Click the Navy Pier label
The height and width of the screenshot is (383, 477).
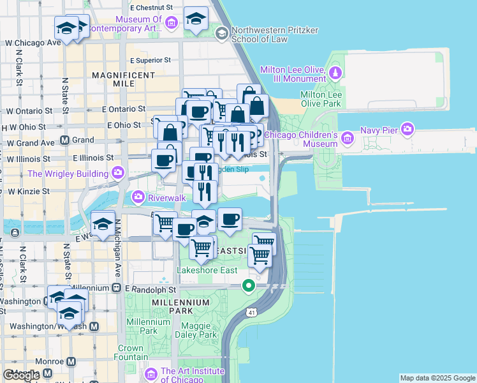[x=383, y=130]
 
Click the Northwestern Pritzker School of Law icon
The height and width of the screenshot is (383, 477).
[x=221, y=33]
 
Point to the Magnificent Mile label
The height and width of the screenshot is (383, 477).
[x=124, y=79]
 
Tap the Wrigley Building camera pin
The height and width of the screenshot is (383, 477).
[x=117, y=173]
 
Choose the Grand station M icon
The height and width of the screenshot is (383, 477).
[x=64, y=140]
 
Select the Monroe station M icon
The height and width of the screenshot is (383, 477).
[x=71, y=361]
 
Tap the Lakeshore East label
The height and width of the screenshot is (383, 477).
[x=207, y=271]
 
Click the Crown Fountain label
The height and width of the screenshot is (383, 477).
[x=130, y=353]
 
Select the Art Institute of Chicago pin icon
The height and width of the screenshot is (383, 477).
[x=151, y=373]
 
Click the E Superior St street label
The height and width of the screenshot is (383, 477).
[x=150, y=60]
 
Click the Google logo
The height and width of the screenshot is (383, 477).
[x=21, y=375]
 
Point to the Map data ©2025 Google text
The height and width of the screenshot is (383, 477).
[x=437, y=378]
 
